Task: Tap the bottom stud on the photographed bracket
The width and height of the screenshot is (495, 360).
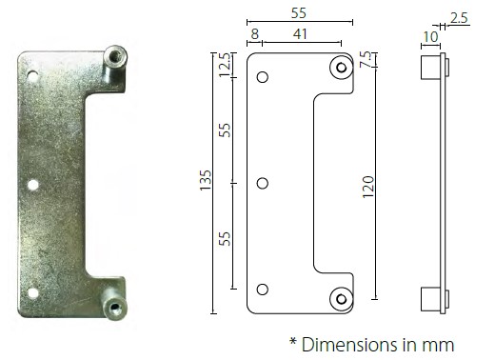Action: (x=115, y=307)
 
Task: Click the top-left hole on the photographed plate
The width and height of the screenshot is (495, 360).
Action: (x=33, y=74)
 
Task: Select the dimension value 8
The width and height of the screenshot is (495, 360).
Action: (x=253, y=33)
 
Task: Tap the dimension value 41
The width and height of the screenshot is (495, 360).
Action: (x=299, y=33)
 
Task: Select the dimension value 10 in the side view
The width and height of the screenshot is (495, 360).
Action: (x=429, y=35)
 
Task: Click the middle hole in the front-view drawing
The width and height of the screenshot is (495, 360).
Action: (x=263, y=182)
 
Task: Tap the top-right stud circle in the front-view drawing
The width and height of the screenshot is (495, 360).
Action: (x=340, y=67)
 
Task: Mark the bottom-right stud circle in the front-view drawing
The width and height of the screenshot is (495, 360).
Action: (x=340, y=298)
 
